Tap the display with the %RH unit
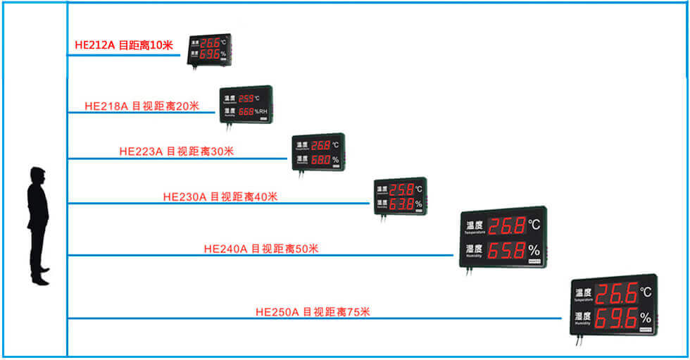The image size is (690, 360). click(x=246, y=105)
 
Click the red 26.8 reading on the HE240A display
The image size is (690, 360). click(x=507, y=226)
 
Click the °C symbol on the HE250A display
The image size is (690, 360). click(x=645, y=292)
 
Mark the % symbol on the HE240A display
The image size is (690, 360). click(x=534, y=250)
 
